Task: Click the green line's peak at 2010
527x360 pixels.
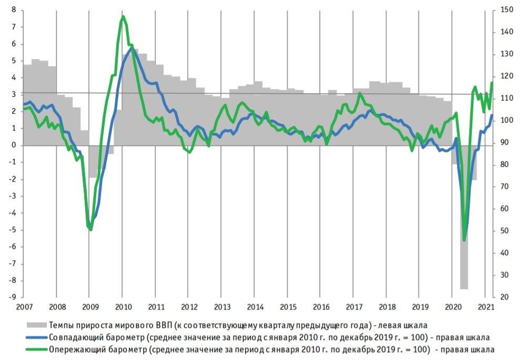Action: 123,17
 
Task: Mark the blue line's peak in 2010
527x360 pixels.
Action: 131,46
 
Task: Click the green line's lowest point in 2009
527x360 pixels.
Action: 90,229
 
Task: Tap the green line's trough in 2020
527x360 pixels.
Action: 464,240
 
